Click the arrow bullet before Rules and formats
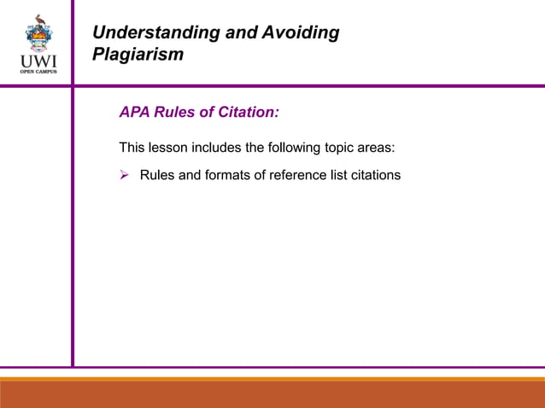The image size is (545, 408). point(124,176)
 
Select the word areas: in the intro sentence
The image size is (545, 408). point(377,148)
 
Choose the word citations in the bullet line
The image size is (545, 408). point(372,176)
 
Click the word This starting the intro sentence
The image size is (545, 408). point(134,148)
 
